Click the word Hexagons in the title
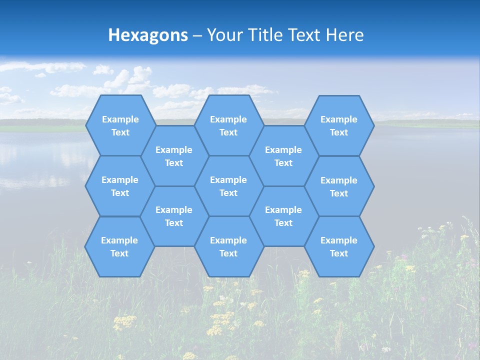148,35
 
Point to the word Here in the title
344,35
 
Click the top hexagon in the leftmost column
120,125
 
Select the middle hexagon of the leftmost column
120,186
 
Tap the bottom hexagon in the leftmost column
119,246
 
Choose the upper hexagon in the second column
174,156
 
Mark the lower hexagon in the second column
174,216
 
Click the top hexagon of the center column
228,125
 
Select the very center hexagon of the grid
228,186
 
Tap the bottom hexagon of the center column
228,246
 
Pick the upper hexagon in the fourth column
283,156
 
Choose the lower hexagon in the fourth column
283,216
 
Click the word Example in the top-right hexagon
339,119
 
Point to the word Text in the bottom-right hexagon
339,253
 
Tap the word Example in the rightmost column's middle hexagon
339,180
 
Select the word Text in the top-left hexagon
120,132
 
